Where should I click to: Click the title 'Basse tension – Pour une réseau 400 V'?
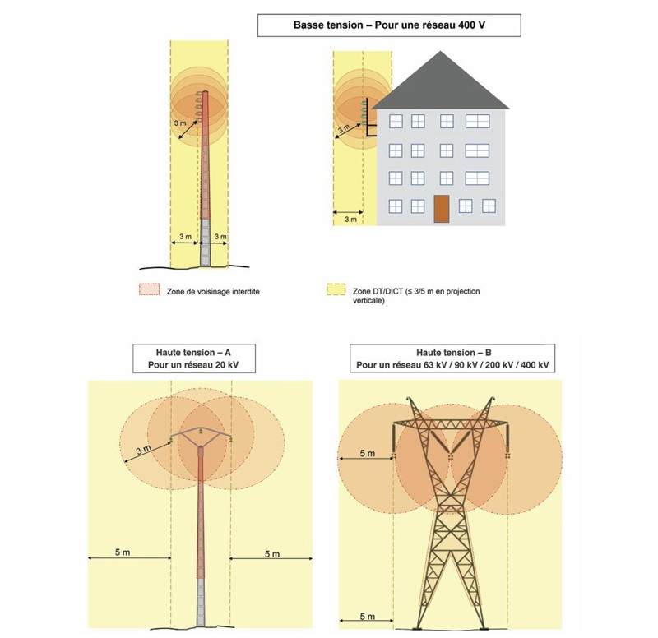(389, 25)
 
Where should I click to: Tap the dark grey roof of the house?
(442, 83)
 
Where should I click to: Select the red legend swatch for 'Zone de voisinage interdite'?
(149, 290)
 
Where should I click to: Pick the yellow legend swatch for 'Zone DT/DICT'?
(336, 290)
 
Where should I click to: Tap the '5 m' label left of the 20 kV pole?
(121, 552)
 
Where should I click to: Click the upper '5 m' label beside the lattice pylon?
(367, 453)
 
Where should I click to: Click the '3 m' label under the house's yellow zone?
(351, 220)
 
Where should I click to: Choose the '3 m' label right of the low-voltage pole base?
(220, 238)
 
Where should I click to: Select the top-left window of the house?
(395, 122)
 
